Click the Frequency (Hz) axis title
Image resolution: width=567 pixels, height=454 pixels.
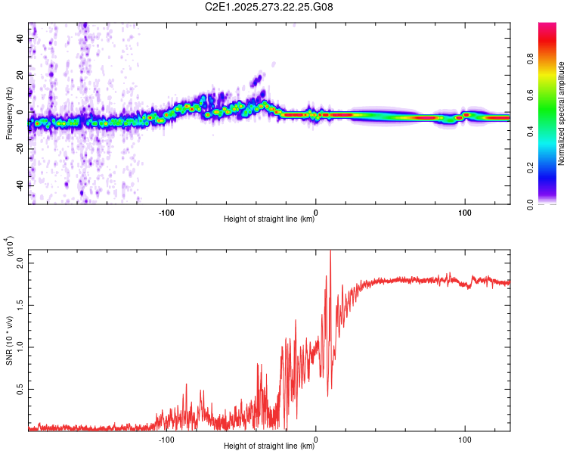(9, 114)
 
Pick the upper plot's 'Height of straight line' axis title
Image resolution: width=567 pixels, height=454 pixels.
(269, 219)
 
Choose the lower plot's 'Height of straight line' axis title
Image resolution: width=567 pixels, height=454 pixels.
(269, 446)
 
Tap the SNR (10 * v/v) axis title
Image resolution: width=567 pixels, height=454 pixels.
(9, 337)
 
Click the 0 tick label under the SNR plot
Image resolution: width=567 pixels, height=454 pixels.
(316, 438)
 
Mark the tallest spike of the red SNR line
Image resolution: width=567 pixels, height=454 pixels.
(330, 252)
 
